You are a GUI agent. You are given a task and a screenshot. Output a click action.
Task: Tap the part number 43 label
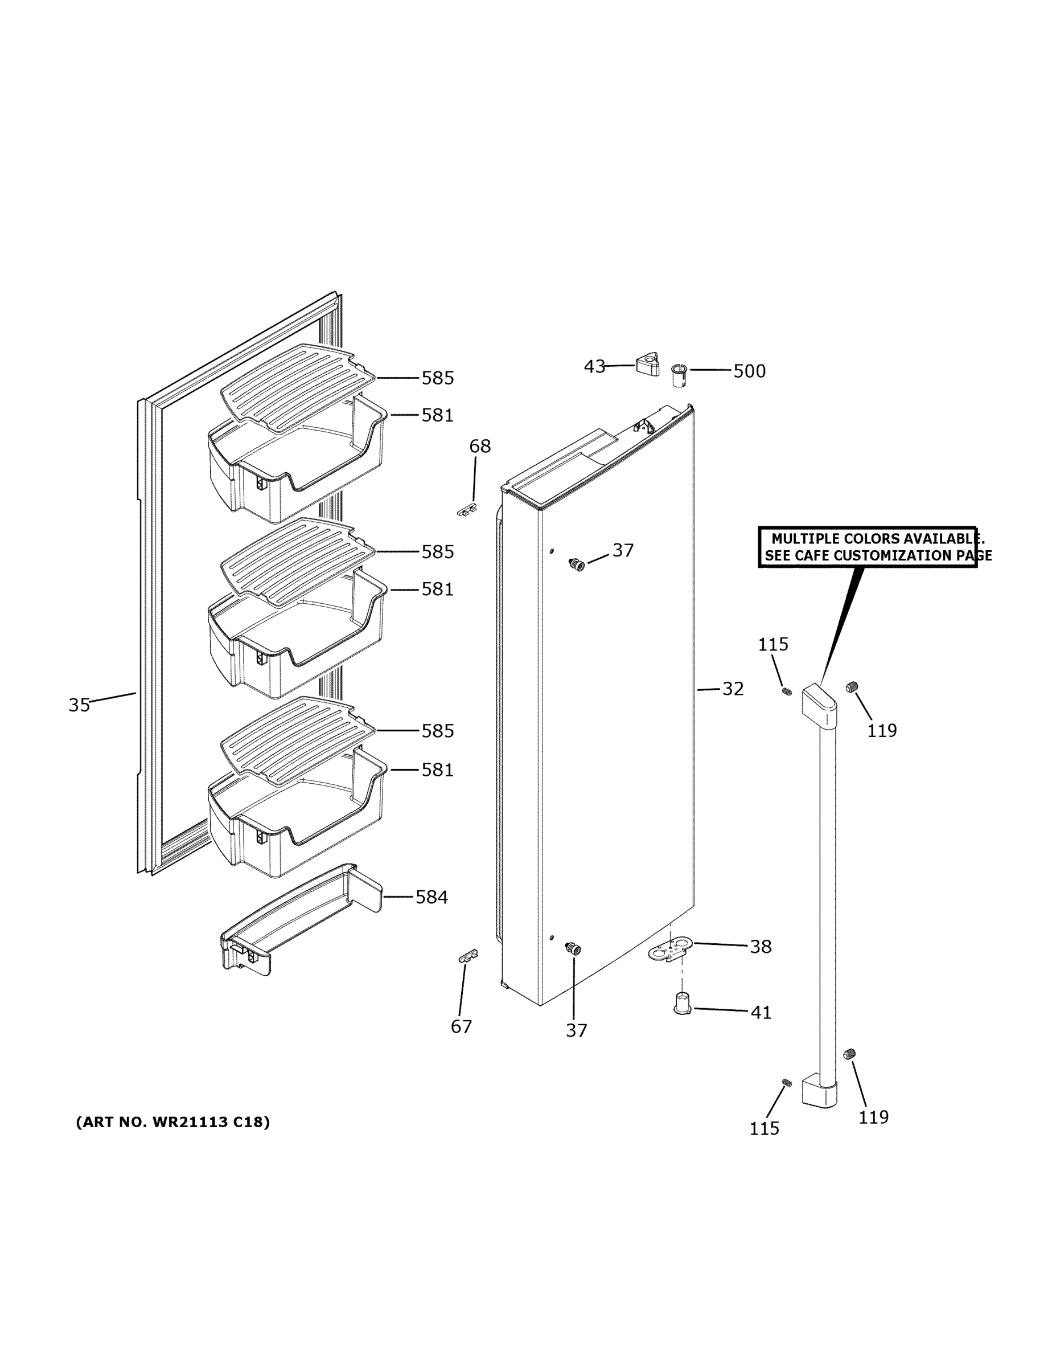pos(594,366)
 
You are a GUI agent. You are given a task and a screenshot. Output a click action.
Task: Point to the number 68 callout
pos(480,447)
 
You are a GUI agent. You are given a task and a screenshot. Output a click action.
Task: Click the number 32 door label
pos(733,689)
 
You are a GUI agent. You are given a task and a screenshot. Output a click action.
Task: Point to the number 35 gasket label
pos(80,705)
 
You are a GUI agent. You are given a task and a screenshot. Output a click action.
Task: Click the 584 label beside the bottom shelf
pos(432,898)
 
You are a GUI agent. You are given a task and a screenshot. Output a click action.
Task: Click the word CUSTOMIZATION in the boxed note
pos(891,556)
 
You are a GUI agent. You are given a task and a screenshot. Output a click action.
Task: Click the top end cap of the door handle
pos(819,707)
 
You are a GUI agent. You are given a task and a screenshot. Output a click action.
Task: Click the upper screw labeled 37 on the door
pos(577,564)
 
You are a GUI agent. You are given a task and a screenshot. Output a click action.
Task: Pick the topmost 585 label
pos(437,378)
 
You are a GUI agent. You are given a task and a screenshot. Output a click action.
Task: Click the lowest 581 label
pos(437,770)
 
